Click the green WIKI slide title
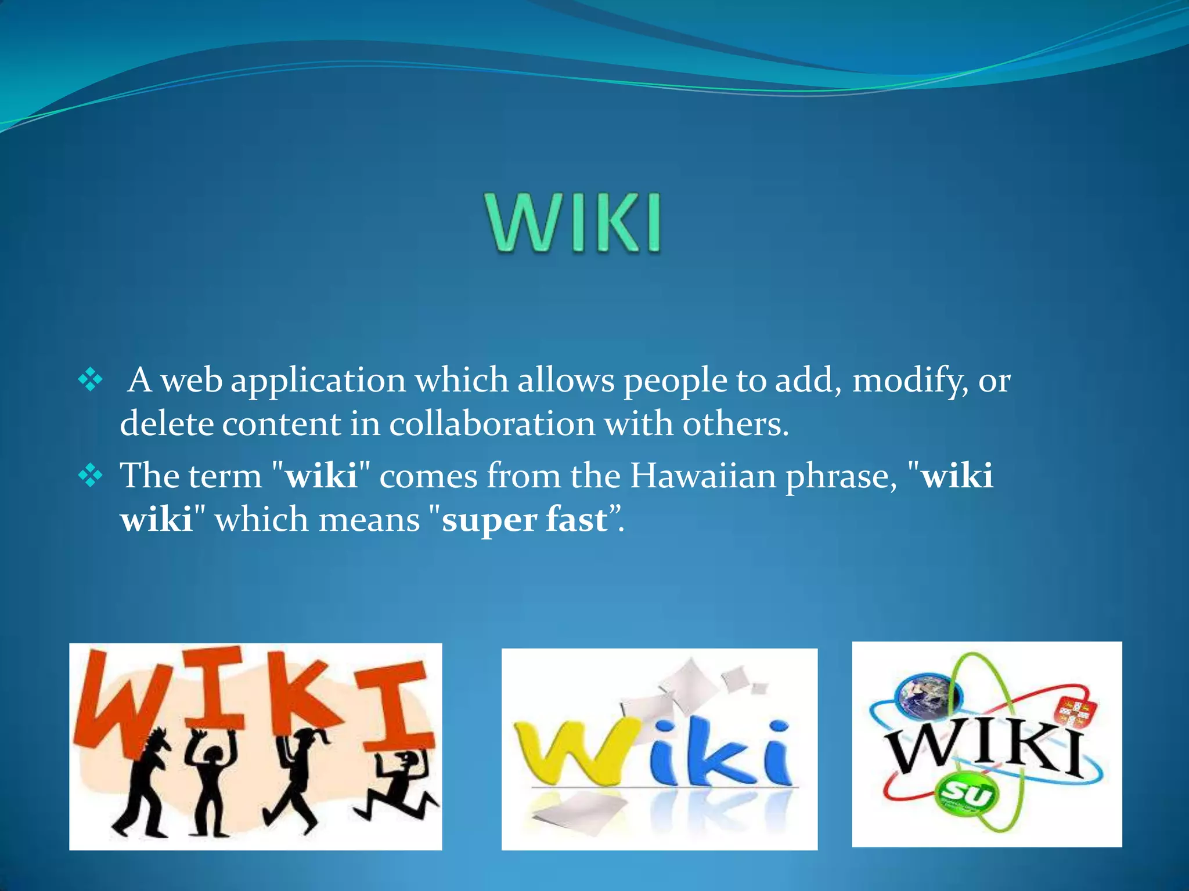574,223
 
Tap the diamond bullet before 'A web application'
91,381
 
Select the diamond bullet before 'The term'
91,477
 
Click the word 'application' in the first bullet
318,382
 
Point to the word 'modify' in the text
906,382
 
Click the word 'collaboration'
492,424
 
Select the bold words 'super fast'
524,519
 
